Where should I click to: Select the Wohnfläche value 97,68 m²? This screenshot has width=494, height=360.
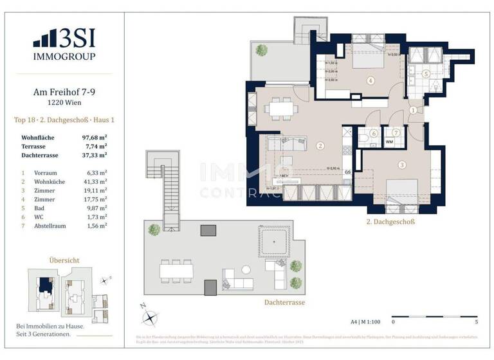click(x=93, y=138)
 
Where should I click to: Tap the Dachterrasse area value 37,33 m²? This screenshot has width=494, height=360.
click(x=93, y=155)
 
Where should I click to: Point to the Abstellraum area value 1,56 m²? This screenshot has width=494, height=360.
click(x=96, y=226)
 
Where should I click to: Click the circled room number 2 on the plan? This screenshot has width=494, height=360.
click(x=320, y=146)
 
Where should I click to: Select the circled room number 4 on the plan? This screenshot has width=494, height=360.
click(x=370, y=80)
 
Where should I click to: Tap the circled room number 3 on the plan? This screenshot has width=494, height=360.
click(x=402, y=165)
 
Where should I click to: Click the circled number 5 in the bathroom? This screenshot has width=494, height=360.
click(x=426, y=74)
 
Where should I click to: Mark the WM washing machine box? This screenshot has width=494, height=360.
click(x=390, y=141)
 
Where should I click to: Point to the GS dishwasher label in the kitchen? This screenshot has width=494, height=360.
click(x=347, y=172)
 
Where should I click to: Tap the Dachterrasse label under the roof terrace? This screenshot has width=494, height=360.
click(x=284, y=302)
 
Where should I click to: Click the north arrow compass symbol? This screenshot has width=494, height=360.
click(x=150, y=316)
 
